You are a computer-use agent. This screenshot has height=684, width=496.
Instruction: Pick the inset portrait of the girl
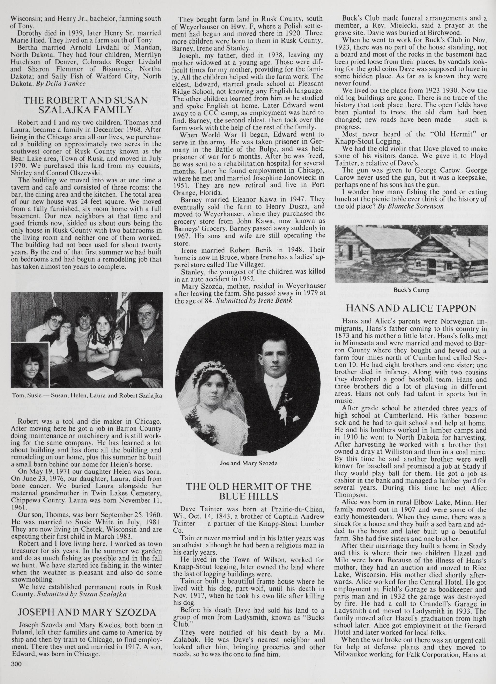pos(30,365)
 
